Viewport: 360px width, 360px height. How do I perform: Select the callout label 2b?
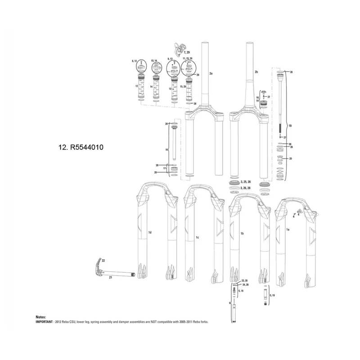click(x=256, y=72)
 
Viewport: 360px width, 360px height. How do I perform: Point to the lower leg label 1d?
click(x=150, y=232)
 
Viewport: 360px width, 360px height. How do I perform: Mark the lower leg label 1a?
click(x=288, y=229)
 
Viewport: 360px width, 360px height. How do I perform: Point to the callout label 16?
click(x=166, y=149)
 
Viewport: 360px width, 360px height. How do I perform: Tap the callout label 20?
click(x=291, y=159)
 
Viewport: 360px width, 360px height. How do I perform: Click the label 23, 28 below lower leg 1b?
click(x=245, y=280)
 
